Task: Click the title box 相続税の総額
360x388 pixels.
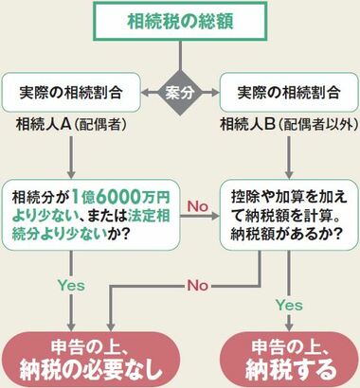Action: (180, 22)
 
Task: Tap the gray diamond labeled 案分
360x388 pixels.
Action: (180, 93)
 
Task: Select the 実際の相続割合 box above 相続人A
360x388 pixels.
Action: (71, 93)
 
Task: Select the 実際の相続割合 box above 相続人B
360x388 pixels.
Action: (289, 93)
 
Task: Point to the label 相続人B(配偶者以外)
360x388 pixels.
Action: (290, 125)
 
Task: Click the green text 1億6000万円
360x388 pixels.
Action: (121, 197)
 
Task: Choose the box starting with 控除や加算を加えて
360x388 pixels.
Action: (289, 215)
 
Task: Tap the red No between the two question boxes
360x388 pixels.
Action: (198, 206)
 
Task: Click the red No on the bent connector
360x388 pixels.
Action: (198, 286)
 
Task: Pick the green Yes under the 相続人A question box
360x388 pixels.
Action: (71, 286)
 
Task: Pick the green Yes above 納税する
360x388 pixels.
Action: (289, 305)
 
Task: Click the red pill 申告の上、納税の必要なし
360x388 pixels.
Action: (91, 360)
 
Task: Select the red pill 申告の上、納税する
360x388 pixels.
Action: (290, 360)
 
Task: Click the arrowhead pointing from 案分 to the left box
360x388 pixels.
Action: (145, 93)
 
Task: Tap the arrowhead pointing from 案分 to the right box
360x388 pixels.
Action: (215, 93)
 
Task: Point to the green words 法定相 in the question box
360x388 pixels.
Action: (149, 216)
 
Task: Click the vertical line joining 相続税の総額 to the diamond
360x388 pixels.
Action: (180, 56)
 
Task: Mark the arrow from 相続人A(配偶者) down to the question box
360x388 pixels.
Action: (71, 157)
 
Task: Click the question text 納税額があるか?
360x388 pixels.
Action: (286, 234)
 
